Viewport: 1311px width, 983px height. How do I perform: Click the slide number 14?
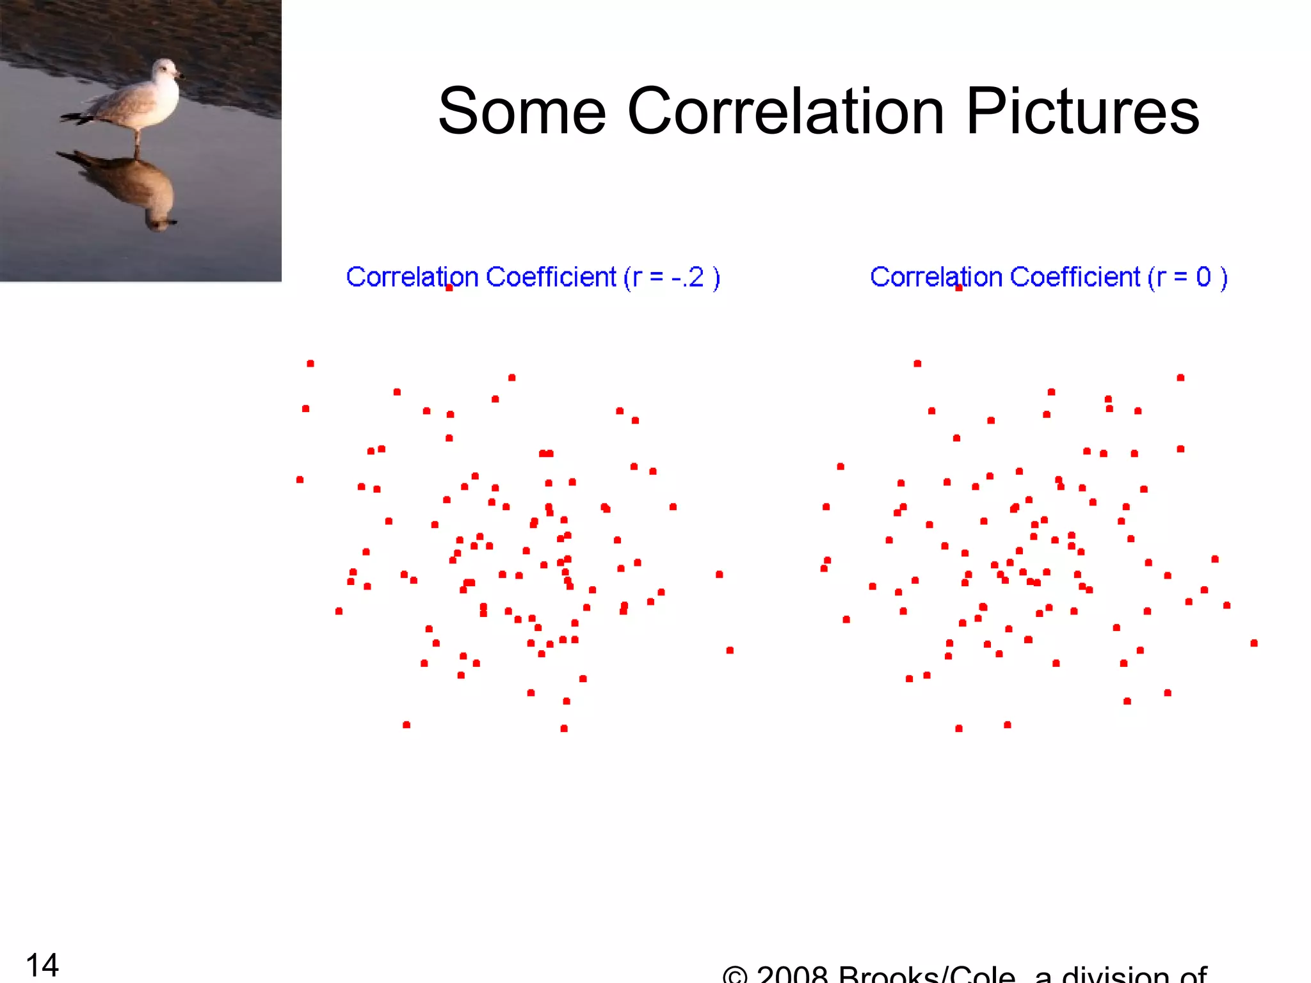tap(42, 964)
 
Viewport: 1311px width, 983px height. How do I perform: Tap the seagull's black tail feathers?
tap(76, 118)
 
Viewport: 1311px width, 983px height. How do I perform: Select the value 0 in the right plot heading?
tap(1203, 277)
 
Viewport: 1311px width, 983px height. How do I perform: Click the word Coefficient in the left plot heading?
tap(551, 277)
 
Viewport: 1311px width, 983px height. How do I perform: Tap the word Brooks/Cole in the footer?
tap(926, 975)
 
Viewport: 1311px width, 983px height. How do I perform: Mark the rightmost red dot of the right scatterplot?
tap(1254, 643)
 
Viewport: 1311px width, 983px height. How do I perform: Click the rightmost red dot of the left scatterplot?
tap(730, 650)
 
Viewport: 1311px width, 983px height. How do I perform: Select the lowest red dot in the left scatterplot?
tap(564, 728)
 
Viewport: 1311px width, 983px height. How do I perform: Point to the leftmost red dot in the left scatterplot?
tap(300, 479)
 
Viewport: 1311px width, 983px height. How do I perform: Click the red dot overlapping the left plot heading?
tap(449, 288)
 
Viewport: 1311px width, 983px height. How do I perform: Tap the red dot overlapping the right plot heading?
tap(959, 288)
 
